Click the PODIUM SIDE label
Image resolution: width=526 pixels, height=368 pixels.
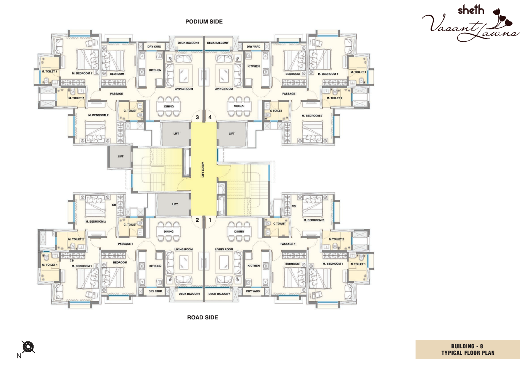[x=204, y=22]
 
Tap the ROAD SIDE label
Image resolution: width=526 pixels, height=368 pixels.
[x=202, y=317]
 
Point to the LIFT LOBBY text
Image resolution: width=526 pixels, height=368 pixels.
[x=203, y=170]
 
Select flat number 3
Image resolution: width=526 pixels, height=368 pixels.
[x=197, y=117]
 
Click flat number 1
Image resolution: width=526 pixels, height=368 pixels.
[x=210, y=220]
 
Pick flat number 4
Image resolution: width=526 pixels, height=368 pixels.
[x=210, y=117]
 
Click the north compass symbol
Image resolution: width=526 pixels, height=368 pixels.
[x=28, y=347]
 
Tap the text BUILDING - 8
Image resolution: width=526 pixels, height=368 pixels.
[x=467, y=346]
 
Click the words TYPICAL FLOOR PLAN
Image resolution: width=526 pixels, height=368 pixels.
[x=468, y=353]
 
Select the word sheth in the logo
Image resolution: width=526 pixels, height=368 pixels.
[x=471, y=10]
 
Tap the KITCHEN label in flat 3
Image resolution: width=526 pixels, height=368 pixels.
[x=155, y=70]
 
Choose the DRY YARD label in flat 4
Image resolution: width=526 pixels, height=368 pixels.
[x=254, y=47]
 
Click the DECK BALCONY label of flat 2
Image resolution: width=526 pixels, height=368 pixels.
[x=189, y=294]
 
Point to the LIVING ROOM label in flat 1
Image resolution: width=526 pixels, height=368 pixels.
[x=224, y=250]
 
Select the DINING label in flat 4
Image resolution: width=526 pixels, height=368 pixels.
[x=239, y=106]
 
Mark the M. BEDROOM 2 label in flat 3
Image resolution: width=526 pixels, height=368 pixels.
[x=98, y=115]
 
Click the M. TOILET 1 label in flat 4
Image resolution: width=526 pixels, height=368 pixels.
[x=358, y=72]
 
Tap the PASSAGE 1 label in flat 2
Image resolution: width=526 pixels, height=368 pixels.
[x=126, y=244]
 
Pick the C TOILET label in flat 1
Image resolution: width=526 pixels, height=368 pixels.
[x=280, y=224]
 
